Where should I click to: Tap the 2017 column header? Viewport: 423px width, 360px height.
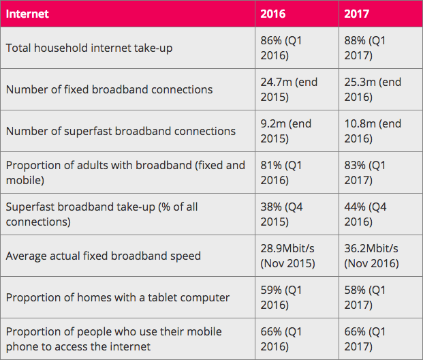coord(358,14)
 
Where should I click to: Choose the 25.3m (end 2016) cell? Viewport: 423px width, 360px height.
coord(373,89)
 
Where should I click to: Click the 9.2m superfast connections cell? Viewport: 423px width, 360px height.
coord(286,131)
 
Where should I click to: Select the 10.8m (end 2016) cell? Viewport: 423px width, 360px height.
coord(373,131)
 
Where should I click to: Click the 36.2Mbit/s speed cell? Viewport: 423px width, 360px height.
coord(373,256)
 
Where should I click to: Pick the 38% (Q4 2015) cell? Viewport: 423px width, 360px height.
coord(281,214)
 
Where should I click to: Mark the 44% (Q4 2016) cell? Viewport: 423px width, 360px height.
coord(365,214)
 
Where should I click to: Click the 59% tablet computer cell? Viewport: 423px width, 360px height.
coord(281,297)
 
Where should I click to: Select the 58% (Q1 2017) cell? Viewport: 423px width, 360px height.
coord(365,297)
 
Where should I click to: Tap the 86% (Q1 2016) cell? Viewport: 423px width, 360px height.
coord(281,48)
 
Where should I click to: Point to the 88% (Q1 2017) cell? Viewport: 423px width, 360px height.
coord(365,48)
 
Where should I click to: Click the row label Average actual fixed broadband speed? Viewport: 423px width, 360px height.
coord(104,256)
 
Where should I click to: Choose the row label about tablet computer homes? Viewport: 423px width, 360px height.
coord(117,298)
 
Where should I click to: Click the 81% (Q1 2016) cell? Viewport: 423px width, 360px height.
coord(281,172)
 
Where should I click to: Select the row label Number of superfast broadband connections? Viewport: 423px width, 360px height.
coord(121,131)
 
